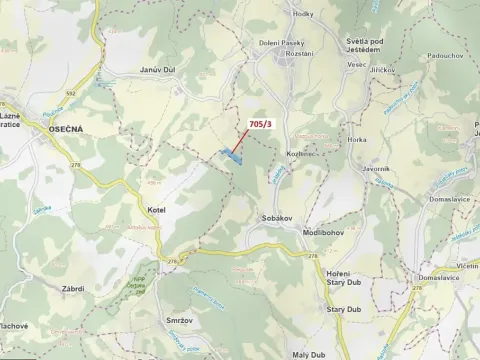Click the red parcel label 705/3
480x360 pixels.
coord(259,123)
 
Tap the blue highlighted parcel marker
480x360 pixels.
coord(231,155)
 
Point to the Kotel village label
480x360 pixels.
coord(154,210)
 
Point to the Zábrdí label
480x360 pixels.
coord(72,288)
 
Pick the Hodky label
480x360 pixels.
coord(304,13)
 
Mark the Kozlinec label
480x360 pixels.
coord(301,154)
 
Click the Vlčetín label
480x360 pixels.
coord(467,267)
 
